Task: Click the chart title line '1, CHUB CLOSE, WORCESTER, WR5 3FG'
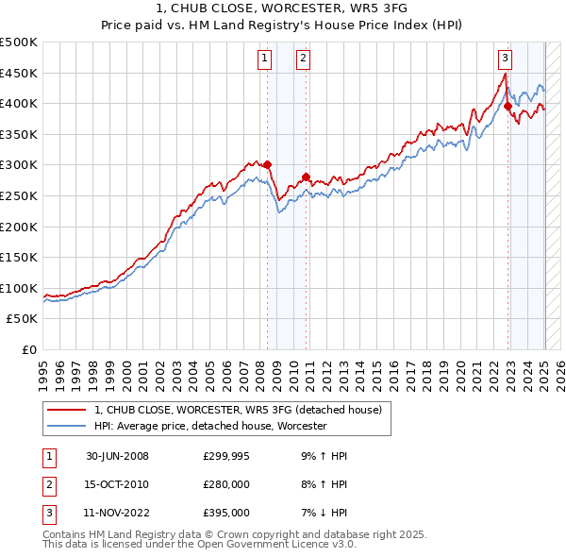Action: coord(282,9)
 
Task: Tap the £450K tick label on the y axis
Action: coord(19,73)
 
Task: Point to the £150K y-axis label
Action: coord(19,257)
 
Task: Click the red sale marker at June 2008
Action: coord(268,164)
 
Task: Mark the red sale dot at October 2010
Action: coord(306,177)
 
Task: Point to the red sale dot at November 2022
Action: coord(508,107)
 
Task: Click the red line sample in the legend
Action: coord(67,411)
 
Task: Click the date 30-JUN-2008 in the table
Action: coord(118,456)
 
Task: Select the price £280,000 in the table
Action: coord(225,484)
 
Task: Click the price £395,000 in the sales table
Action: coord(225,513)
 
